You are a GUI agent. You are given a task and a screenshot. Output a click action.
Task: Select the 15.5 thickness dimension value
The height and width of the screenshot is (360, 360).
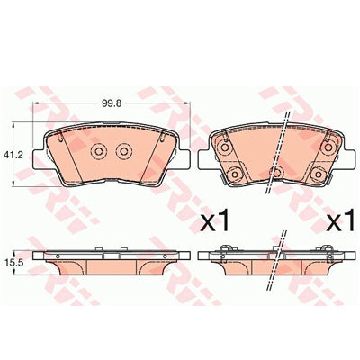10,263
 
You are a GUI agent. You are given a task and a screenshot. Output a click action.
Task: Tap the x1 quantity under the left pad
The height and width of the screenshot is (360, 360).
214,221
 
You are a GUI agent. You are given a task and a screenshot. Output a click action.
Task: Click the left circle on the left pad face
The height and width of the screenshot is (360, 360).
98,151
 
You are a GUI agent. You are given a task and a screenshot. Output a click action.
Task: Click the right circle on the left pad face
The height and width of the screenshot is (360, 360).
123,151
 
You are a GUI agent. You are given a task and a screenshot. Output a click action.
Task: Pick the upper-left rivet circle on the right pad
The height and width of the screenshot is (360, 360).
225,148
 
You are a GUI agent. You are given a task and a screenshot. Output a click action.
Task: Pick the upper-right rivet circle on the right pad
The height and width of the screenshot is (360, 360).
327,148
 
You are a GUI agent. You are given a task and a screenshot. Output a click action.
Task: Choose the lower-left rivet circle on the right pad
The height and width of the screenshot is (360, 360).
234,173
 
